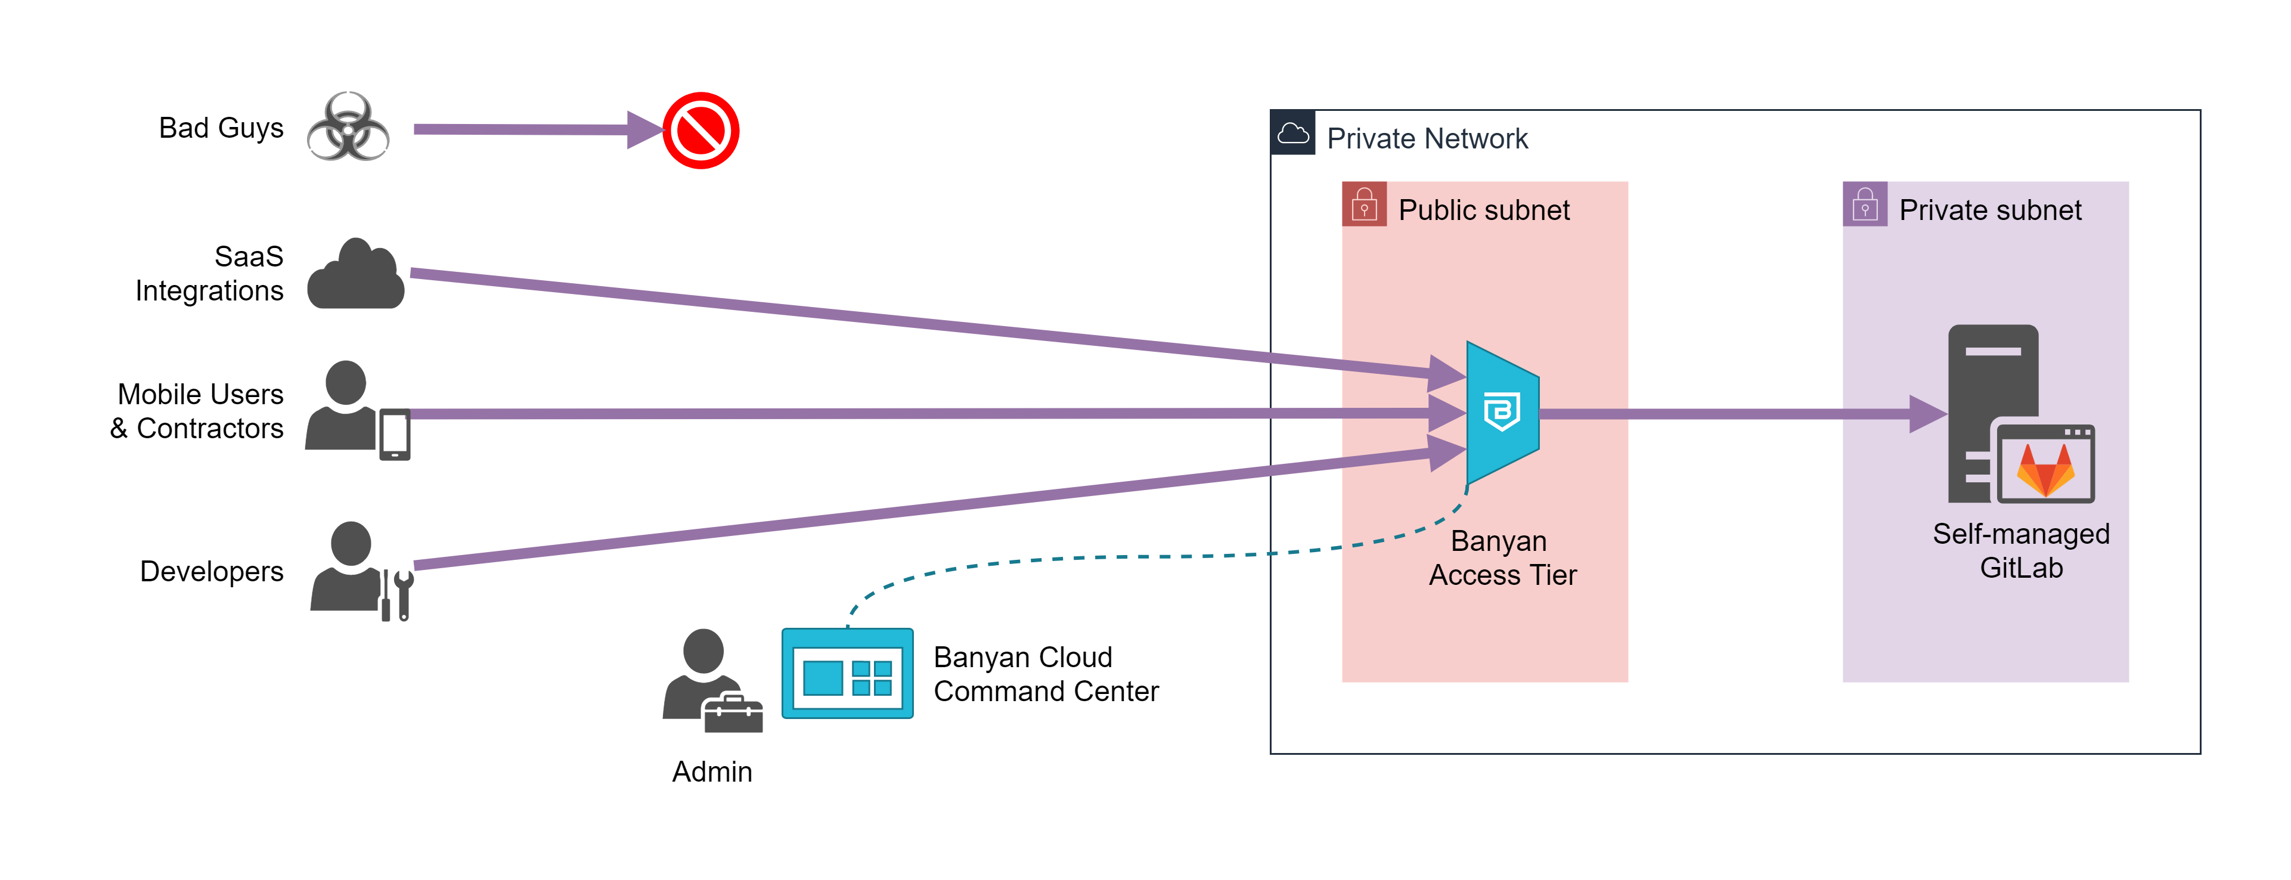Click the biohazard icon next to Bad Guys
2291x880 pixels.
pyautogui.click(x=348, y=127)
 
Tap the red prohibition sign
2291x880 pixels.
pyautogui.click(x=701, y=131)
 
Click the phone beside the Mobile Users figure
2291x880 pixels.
pyautogui.click(x=395, y=434)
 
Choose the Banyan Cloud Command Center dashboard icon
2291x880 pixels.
pyautogui.click(x=847, y=674)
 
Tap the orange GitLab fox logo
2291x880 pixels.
pyautogui.click(x=2045, y=469)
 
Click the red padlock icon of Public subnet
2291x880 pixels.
pyautogui.click(x=1364, y=204)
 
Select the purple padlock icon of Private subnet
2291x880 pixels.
pyautogui.click(x=1865, y=204)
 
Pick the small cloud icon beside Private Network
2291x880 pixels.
pyautogui.click(x=1293, y=134)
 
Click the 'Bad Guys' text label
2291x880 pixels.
pyautogui.click(x=221, y=128)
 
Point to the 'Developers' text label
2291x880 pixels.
pyautogui.click(x=212, y=571)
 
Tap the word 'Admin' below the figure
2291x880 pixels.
pyautogui.click(x=711, y=771)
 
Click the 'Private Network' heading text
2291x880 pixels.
pyautogui.click(x=1427, y=139)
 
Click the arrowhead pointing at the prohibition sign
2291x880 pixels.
pyautogui.click(x=644, y=130)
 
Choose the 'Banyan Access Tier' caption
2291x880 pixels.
pyautogui.click(x=1502, y=558)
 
